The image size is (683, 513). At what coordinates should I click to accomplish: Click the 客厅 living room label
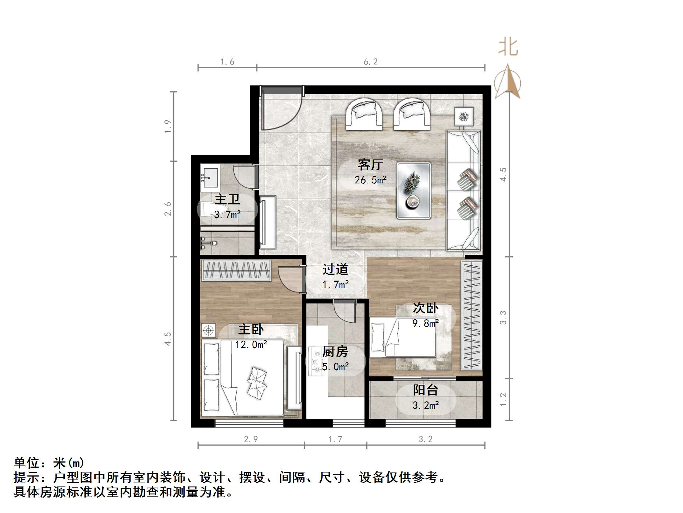(x=370, y=165)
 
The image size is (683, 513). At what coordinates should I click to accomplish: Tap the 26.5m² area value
(x=370, y=180)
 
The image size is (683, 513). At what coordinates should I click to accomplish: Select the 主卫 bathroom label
(x=227, y=200)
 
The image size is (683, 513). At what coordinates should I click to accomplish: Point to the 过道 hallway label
(x=335, y=270)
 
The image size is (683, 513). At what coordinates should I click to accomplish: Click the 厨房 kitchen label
(x=335, y=352)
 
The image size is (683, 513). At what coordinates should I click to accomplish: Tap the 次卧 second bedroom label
(x=426, y=308)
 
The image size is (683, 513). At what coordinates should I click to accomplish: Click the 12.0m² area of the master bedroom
(x=251, y=345)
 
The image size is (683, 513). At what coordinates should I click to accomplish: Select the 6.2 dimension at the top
(x=370, y=62)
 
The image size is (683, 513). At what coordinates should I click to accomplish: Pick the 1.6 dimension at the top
(x=227, y=62)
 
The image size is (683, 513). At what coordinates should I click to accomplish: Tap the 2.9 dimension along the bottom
(x=251, y=439)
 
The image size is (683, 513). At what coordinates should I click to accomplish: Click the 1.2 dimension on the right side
(x=503, y=399)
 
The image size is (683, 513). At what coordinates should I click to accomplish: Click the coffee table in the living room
(x=414, y=190)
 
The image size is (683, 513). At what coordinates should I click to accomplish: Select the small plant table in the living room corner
(x=463, y=117)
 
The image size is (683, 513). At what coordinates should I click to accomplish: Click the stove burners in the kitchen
(x=316, y=361)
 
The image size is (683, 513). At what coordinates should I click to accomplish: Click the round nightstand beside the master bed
(x=209, y=330)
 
